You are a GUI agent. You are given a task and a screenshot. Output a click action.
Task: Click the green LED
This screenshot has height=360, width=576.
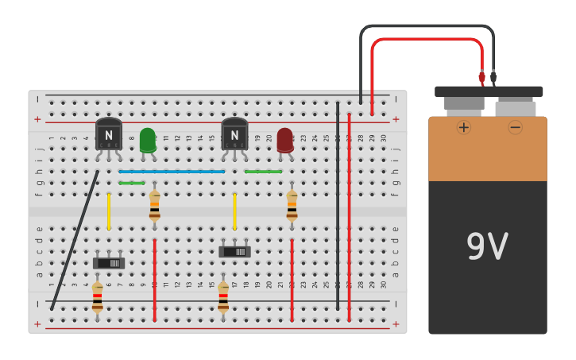coord(147,140)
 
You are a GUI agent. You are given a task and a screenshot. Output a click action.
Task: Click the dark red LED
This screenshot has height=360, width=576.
coord(284,140)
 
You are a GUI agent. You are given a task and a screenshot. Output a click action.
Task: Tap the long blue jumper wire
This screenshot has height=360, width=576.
coord(172,171)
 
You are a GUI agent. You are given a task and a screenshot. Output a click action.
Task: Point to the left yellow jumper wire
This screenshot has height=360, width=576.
coord(109,211)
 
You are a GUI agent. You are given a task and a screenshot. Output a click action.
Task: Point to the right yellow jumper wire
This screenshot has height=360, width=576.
coord(234,211)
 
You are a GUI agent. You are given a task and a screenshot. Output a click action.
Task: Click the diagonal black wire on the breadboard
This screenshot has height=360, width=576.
coord(75,239)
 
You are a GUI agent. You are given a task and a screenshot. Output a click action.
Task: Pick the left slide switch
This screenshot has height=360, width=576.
coord(109,262)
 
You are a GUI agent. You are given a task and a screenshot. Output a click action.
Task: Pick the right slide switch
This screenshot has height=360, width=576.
coord(234,251)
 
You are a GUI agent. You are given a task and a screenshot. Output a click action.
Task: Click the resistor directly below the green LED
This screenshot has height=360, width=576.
coord(154,206)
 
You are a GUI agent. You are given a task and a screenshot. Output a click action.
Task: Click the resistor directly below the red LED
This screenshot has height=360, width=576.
coord(292,206)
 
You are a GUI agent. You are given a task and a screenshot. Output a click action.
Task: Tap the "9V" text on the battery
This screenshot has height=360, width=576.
coord(487,247)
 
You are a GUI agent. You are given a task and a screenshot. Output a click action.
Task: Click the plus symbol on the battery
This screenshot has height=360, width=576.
coord(463,127)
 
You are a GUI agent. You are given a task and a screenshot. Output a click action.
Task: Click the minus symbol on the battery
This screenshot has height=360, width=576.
coord(515,127)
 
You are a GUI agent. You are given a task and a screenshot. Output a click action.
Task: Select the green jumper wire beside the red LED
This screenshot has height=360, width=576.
coord(263,171)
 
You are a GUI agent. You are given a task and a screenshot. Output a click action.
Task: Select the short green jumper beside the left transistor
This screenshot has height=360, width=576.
coord(131,183)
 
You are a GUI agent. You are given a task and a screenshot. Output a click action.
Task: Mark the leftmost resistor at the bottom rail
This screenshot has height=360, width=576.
coord(97,297)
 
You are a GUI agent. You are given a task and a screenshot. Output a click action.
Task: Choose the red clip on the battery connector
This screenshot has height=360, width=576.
coord(481,77)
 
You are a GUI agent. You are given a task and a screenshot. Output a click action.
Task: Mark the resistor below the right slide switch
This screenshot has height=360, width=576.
coord(223,297)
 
